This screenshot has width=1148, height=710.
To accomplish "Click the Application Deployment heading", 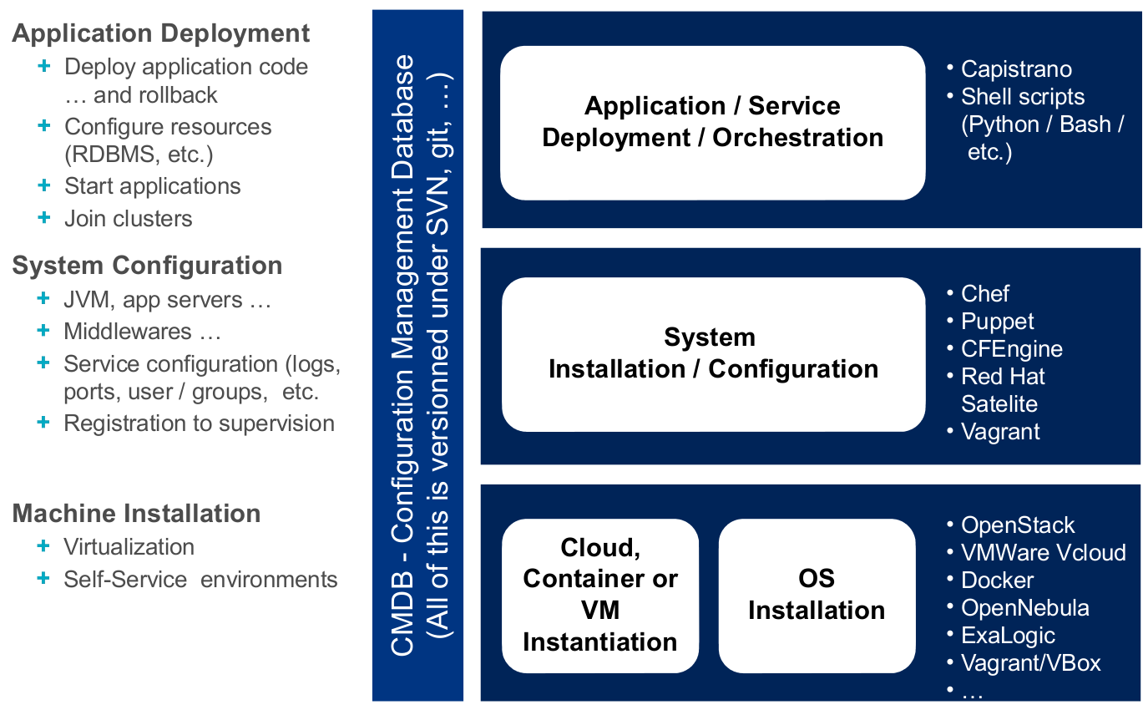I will [161, 33].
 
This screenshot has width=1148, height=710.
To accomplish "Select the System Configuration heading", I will [147, 266].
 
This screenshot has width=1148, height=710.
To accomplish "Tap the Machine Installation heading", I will [136, 513].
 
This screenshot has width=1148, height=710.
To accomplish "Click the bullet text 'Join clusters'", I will [128, 219].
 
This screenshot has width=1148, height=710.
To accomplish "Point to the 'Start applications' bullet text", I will [152, 185].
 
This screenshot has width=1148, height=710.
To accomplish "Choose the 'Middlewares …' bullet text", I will [142, 332].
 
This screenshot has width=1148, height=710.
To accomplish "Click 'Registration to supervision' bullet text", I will [199, 423].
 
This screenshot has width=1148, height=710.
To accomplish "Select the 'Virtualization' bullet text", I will [129, 547].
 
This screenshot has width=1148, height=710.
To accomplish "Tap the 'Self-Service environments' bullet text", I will [200, 580].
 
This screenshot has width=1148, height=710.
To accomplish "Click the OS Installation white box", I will [816, 595].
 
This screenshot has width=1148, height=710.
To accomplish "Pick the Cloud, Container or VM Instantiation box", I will [599, 595].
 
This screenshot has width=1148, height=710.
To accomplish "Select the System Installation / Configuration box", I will [712, 353].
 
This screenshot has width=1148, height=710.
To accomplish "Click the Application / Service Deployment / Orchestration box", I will [712, 122].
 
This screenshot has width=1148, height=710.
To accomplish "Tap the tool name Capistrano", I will [1016, 69].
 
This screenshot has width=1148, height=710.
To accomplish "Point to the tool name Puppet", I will [997, 322].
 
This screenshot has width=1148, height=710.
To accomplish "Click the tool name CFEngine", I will [1012, 349].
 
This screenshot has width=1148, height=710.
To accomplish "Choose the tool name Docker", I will [997, 581].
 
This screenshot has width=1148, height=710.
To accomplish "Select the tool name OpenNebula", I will [1024, 608].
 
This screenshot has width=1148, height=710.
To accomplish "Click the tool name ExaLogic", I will [1008, 636].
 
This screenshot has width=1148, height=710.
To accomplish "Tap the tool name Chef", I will [985, 294].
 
